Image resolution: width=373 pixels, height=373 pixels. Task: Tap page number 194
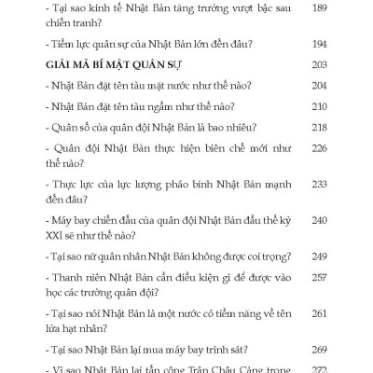pos(318,45)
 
